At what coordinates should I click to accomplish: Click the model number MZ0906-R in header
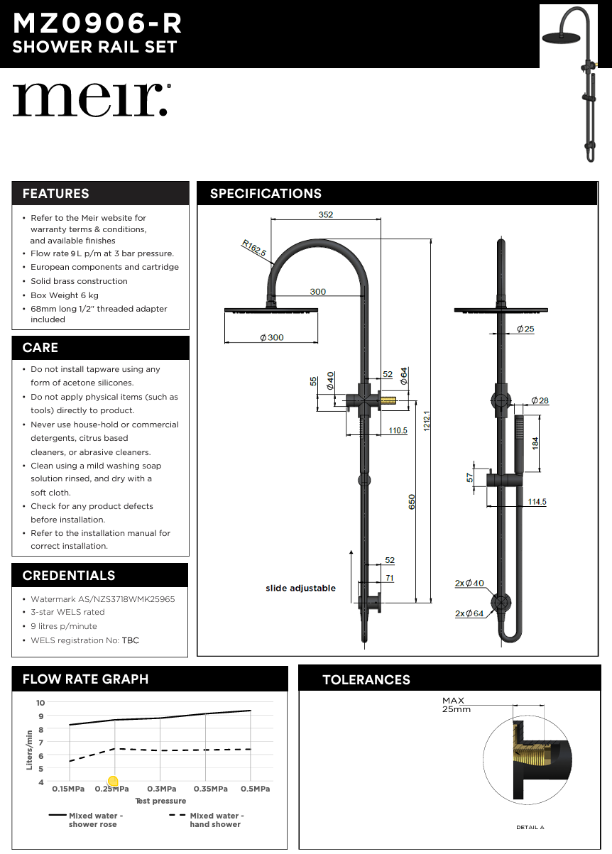[97, 23]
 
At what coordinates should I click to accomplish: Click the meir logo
[90, 99]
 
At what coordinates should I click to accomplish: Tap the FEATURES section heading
[55, 194]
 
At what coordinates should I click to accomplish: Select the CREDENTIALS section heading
[68, 576]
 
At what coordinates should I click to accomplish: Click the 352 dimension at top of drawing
[325, 214]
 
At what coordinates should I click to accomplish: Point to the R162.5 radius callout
[253, 248]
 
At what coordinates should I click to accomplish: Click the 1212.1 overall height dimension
[427, 420]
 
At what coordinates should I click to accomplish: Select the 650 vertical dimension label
[412, 501]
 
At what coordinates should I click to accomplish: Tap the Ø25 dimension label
[525, 329]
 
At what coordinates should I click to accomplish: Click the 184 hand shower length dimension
[535, 441]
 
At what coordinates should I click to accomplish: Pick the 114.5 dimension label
[537, 502]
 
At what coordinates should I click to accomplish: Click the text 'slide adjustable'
[300, 589]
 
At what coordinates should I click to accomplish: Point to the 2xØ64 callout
[469, 613]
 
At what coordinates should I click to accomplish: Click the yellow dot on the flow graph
[112, 782]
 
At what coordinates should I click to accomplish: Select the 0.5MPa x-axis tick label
[255, 789]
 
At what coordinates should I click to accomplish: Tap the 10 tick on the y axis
[40, 703]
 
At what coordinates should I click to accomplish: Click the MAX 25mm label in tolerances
[455, 705]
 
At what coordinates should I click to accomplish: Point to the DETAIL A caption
[530, 828]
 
